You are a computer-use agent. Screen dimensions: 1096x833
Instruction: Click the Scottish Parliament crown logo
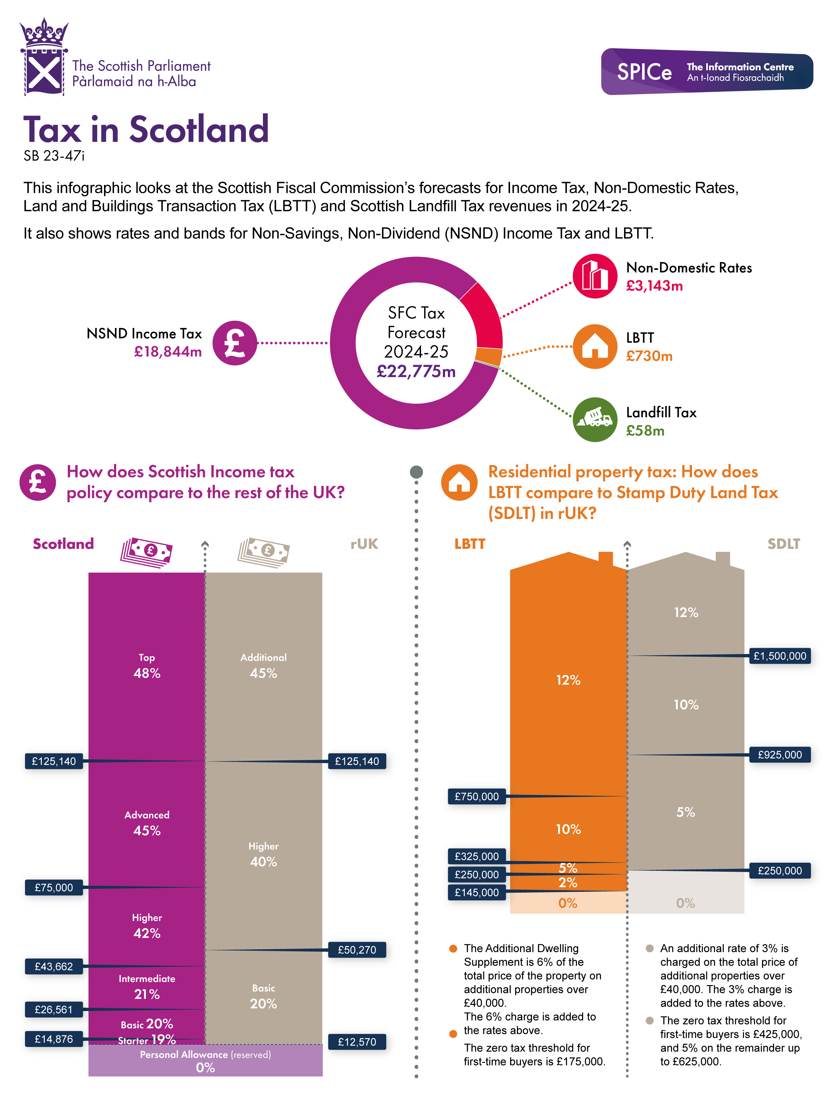click(x=44, y=57)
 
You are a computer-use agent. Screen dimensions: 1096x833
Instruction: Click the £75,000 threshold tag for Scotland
click(x=53, y=887)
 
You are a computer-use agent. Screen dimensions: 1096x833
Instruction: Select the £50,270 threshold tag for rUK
click(x=357, y=950)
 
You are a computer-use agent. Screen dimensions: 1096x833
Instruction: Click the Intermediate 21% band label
click(x=147, y=987)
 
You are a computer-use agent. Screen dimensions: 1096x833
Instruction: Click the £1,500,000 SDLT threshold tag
click(x=780, y=656)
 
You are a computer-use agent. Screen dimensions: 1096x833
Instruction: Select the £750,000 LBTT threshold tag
click(x=477, y=796)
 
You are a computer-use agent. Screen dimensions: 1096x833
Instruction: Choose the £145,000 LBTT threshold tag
click(x=477, y=892)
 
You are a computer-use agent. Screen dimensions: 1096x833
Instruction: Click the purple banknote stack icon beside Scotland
click(x=146, y=552)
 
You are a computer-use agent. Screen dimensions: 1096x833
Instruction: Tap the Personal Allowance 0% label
click(x=205, y=1061)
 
